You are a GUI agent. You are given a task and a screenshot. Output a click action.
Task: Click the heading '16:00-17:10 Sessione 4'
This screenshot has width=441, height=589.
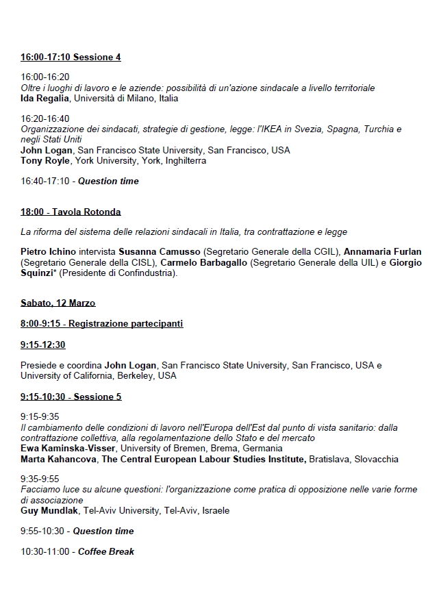pyautogui.click(x=71, y=58)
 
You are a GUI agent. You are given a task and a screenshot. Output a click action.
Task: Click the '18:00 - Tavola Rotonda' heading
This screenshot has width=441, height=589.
pyautogui.click(x=71, y=212)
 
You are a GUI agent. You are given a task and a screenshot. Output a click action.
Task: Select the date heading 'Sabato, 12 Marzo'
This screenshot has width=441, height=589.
pyautogui.click(x=58, y=303)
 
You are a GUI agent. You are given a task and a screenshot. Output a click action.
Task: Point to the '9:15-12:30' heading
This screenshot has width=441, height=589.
pyautogui.click(x=42, y=344)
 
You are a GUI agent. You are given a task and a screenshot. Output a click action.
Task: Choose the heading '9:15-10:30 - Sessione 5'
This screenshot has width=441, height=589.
pyautogui.click(x=71, y=397)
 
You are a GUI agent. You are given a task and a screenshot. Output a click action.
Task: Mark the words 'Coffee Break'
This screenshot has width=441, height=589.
pyautogui.click(x=105, y=551)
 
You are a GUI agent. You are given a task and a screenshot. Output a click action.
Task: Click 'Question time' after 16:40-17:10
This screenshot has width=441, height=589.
pyautogui.click(x=108, y=181)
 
